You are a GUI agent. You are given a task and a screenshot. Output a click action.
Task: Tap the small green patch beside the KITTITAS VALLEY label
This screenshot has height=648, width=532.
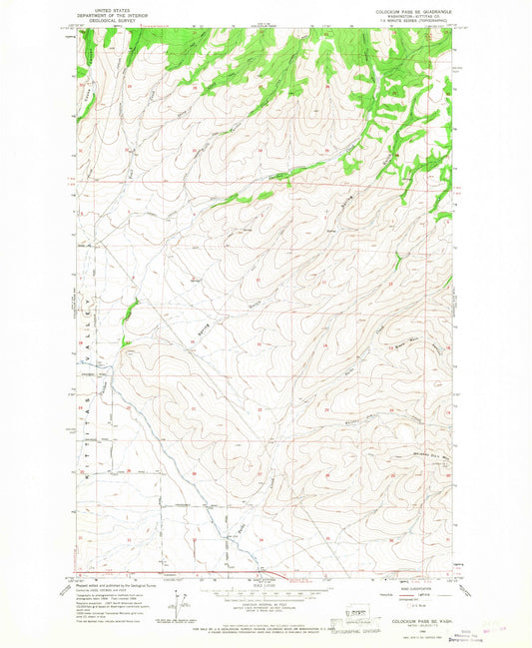127,313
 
